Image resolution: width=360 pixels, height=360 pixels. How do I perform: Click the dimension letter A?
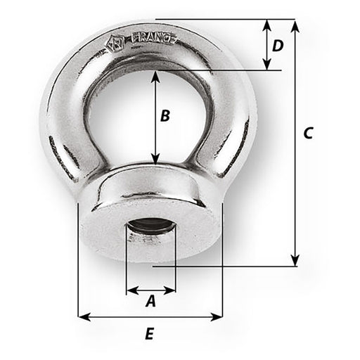pyautogui.click(x=150, y=302)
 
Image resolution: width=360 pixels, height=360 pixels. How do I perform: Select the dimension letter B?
pyautogui.click(x=165, y=116)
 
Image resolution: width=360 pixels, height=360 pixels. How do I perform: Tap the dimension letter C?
pyautogui.click(x=307, y=134)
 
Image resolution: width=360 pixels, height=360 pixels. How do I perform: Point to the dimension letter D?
pyautogui.click(x=278, y=46)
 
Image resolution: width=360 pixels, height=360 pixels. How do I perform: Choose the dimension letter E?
pyautogui.click(x=149, y=335)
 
